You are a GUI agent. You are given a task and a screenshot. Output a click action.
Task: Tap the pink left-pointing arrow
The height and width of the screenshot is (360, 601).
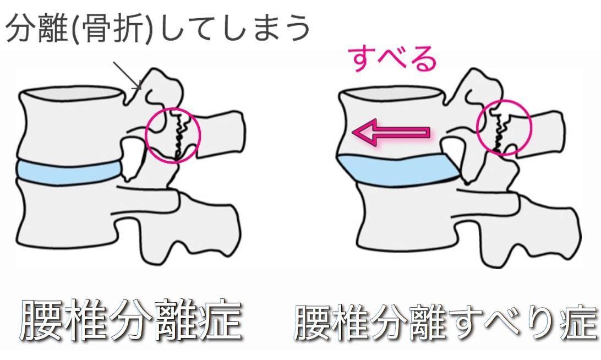coord(391,133)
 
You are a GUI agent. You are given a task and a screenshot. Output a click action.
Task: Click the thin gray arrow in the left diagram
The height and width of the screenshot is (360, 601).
coord(127,75)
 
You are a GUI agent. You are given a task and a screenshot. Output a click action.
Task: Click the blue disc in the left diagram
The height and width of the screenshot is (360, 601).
coord(69,172)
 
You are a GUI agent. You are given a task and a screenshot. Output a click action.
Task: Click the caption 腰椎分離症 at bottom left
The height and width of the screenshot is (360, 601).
coord(131,321)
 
